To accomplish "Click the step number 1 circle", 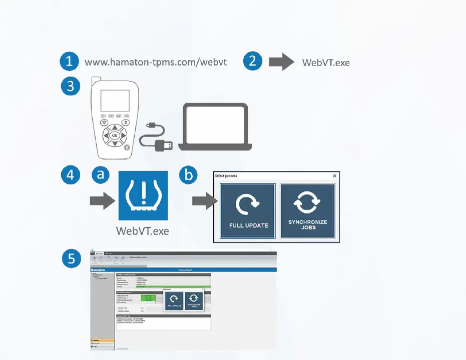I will coord(69,61).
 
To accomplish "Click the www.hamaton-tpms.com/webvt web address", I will coord(156,62).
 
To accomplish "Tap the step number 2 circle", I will coord(253,61).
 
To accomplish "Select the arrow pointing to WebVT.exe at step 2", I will coord(281,62).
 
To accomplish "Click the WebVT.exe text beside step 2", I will coord(326,63).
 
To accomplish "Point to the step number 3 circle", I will coord(71,86).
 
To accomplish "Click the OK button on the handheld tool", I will coord(115,135).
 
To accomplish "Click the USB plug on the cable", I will coord(164,145).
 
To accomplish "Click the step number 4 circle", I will coord(71,174).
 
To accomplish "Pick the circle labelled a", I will coord(101,174).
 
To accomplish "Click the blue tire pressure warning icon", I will coord(143,195).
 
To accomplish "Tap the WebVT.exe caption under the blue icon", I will coord(143,231).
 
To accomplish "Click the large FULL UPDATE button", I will coord(249,211).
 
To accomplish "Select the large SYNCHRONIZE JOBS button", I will coord(307,211).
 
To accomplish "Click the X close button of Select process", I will coord(335,176).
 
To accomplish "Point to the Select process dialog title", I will coord(226,176).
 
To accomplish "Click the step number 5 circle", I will coord(71,258).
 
